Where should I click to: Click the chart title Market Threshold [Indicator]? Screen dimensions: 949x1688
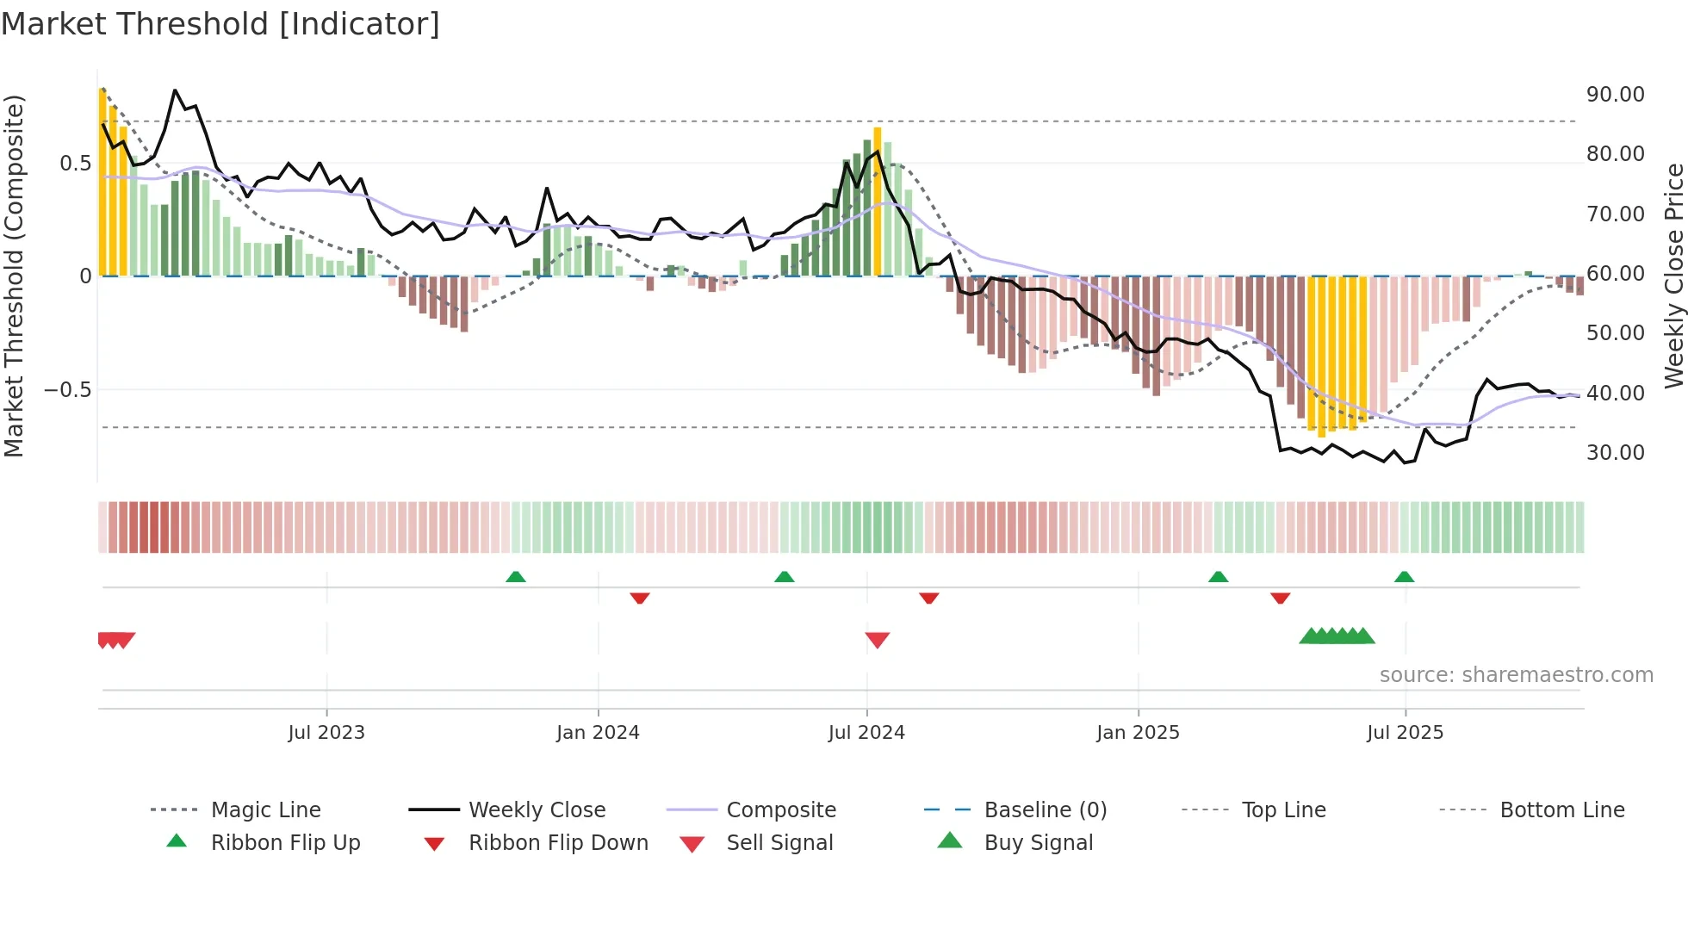click(220, 24)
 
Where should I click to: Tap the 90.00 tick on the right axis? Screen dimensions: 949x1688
click(1615, 95)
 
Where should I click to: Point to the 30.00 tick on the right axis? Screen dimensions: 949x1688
click(1615, 453)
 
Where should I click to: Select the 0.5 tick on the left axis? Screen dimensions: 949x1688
click(75, 164)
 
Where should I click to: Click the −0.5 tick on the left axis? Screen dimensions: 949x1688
click(68, 390)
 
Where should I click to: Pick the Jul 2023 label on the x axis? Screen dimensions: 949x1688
click(326, 733)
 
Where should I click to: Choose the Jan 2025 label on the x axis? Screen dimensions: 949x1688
click(1138, 733)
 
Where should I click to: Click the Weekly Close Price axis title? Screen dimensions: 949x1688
click(1673, 276)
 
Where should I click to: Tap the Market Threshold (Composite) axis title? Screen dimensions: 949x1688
click(14, 276)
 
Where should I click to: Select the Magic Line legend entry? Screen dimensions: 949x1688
click(265, 810)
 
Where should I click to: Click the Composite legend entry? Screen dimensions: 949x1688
click(780, 810)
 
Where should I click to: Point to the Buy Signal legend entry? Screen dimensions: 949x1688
click(1038, 843)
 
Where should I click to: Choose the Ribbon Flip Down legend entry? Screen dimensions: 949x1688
click(557, 843)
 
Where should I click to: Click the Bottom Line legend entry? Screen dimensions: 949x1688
click(1561, 810)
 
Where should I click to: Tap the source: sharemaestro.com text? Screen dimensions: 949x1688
click(1516, 675)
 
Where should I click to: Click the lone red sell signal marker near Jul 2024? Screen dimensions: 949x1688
click(877, 640)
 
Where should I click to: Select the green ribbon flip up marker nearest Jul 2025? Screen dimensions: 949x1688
click(1404, 577)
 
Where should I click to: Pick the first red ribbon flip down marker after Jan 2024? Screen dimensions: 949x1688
click(639, 598)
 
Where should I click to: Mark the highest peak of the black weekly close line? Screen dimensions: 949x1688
click(175, 90)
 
